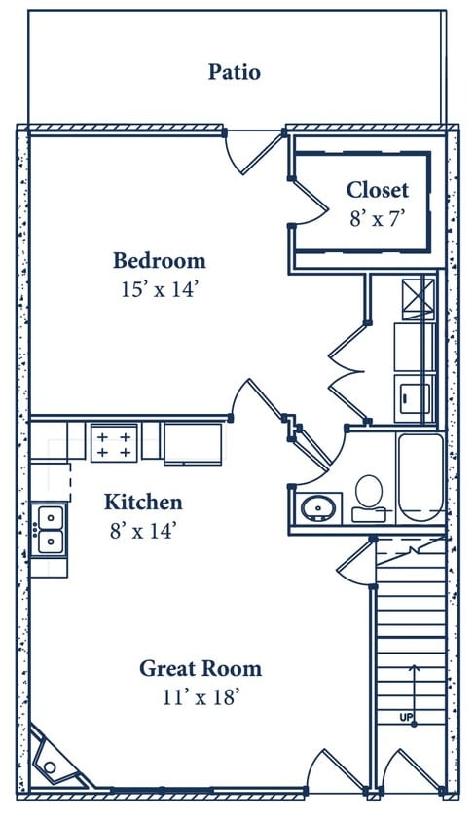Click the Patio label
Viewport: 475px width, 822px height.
point(235,72)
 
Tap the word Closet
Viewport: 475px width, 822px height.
point(378,190)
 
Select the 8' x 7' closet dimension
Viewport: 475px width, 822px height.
point(377,219)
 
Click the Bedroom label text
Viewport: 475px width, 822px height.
point(160,261)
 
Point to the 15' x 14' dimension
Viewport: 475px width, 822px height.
point(160,289)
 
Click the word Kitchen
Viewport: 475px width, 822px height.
point(143,503)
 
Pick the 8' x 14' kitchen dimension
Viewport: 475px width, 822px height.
point(144,531)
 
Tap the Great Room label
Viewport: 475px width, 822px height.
point(200,669)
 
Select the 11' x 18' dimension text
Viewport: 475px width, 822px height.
point(201,696)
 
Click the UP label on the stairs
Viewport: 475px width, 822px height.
point(406,718)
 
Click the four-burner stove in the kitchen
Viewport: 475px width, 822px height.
point(113,443)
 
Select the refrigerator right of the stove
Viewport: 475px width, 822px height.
point(191,444)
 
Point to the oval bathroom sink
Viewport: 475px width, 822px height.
point(315,508)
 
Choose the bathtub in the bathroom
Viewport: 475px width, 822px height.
point(420,478)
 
